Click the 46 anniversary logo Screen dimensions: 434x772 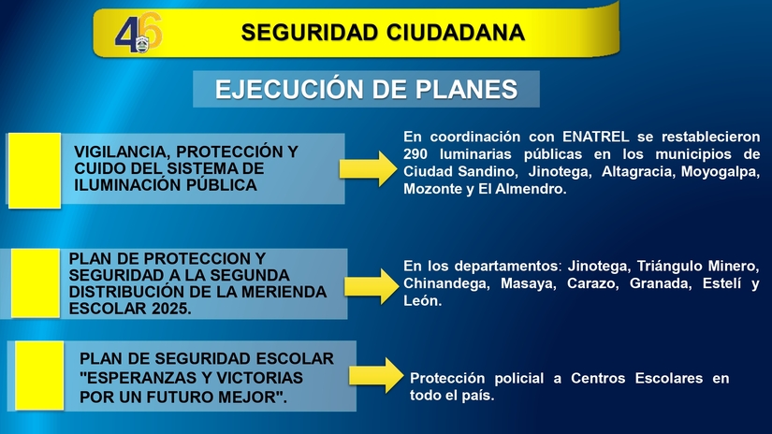coord(138,35)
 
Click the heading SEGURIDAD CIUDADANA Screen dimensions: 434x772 coord(383,33)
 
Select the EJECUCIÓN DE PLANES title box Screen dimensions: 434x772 coord(366,89)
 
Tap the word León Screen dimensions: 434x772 coord(422,301)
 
